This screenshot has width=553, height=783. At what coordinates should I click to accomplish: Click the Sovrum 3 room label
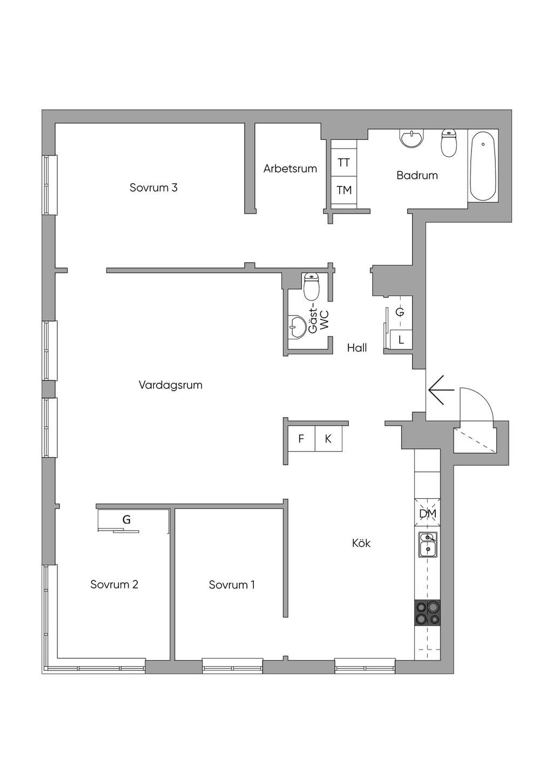coord(153,188)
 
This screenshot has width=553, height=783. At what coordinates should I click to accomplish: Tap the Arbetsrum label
coord(290,169)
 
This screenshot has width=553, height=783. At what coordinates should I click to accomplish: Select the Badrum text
coord(417,175)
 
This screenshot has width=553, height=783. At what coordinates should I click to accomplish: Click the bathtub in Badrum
coord(483,166)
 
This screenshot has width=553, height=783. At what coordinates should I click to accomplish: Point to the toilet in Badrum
coord(449,143)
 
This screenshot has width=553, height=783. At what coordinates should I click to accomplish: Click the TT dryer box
coord(344,163)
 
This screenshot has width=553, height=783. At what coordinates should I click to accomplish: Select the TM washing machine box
coord(344,191)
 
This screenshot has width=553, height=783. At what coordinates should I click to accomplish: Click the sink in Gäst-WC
coord(297,327)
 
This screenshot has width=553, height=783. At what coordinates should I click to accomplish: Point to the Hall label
coord(357,348)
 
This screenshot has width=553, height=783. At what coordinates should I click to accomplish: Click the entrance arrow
coord(441,390)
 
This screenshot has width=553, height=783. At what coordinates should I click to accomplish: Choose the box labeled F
coord(301,438)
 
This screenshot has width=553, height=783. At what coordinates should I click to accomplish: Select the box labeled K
coord(328,438)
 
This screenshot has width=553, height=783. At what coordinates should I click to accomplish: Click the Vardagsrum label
coord(171,385)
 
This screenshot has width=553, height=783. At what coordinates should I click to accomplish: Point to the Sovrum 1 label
coord(232,585)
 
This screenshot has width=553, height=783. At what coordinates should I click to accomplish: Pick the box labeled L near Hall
coord(401,339)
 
